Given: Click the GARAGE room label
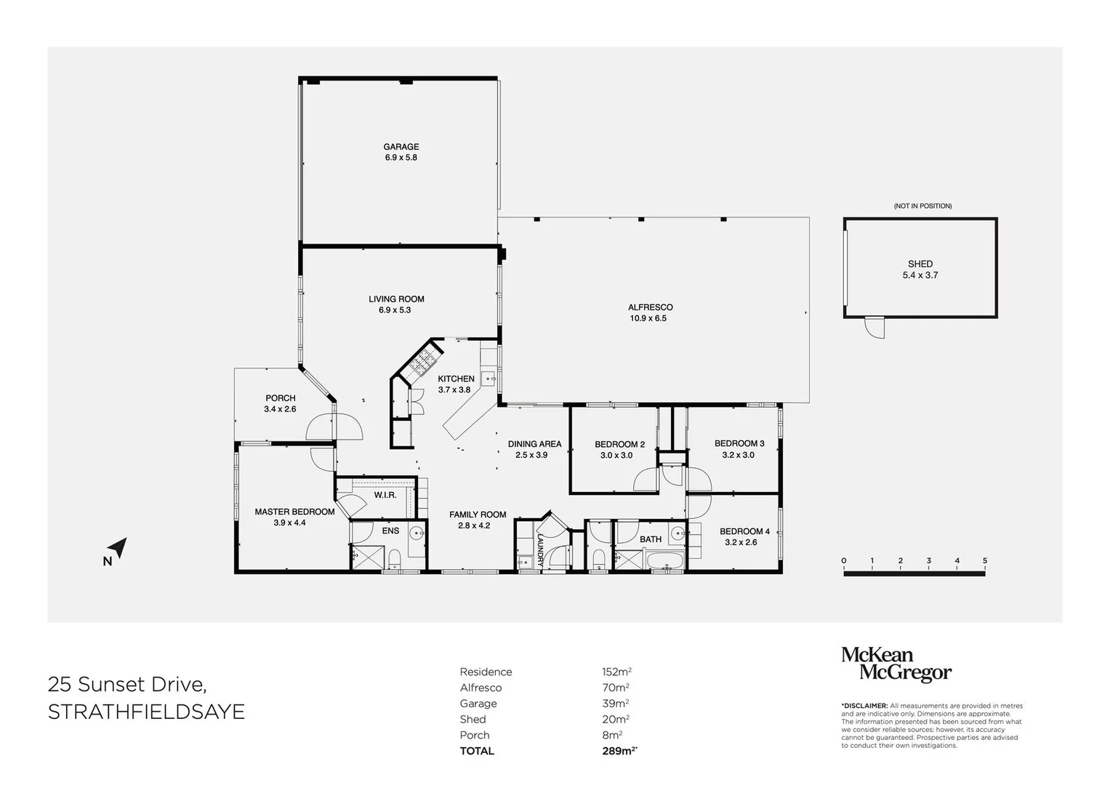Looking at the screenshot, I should (401, 147).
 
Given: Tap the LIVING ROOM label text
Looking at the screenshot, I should (396, 299).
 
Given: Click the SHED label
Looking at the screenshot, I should (920, 264).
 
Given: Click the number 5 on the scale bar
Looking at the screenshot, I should (985, 561).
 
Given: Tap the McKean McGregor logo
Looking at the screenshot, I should (896, 664).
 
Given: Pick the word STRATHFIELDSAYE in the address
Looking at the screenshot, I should (146, 712).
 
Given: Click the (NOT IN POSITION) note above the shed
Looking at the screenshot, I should (922, 206).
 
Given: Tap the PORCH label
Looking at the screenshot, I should (281, 398).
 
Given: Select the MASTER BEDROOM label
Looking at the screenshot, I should (294, 512).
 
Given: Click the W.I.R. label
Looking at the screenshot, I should (385, 495).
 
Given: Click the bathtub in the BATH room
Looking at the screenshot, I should (664, 562).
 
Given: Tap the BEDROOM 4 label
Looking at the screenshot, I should (744, 531).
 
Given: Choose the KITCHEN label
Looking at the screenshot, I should (456, 379).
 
